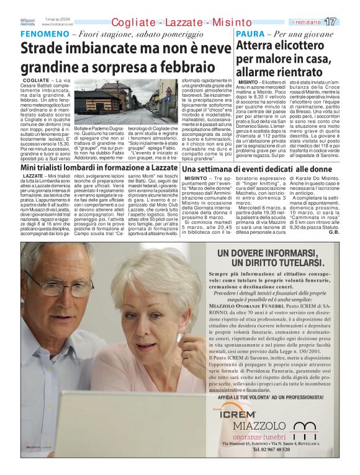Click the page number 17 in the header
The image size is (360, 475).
pyautogui.click(x=348, y=21)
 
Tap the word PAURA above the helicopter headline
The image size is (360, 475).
pyautogui.click(x=253, y=34)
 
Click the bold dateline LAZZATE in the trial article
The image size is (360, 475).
pyautogui.click(x=32, y=177)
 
